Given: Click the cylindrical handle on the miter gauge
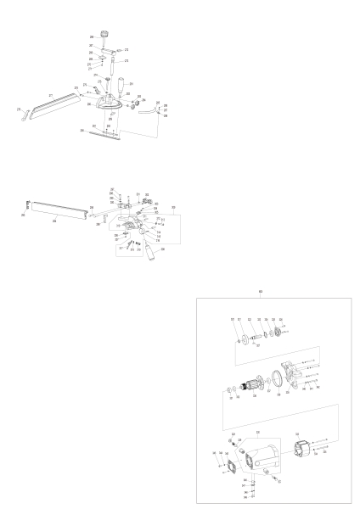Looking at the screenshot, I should tap(131, 87).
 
